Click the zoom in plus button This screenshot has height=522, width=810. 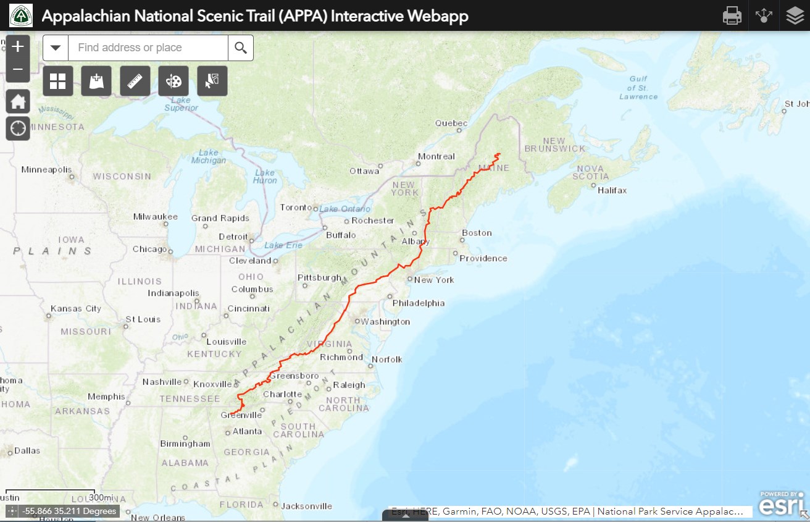tap(18, 46)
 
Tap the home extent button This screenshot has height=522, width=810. tap(18, 101)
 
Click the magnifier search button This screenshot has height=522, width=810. tap(241, 48)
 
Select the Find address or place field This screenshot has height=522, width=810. tap(148, 48)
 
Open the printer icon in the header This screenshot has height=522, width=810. tap(732, 15)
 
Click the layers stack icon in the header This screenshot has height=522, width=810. tap(795, 15)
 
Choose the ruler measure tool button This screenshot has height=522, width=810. tap(135, 81)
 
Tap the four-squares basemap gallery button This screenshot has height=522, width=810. tap(58, 81)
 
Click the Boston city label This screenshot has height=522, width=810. tap(477, 233)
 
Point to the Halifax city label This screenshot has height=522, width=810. tap(612, 190)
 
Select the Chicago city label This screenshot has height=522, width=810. tap(149, 250)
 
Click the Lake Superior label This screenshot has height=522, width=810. tap(181, 104)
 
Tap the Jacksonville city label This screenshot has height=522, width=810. tap(306, 506)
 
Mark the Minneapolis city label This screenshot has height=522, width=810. tap(46, 169)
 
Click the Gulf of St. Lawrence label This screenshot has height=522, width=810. tap(638, 88)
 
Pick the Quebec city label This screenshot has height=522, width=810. tap(451, 123)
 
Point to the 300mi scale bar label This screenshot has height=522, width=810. tap(101, 497)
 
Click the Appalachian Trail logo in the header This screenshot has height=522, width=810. tap(20, 15)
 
